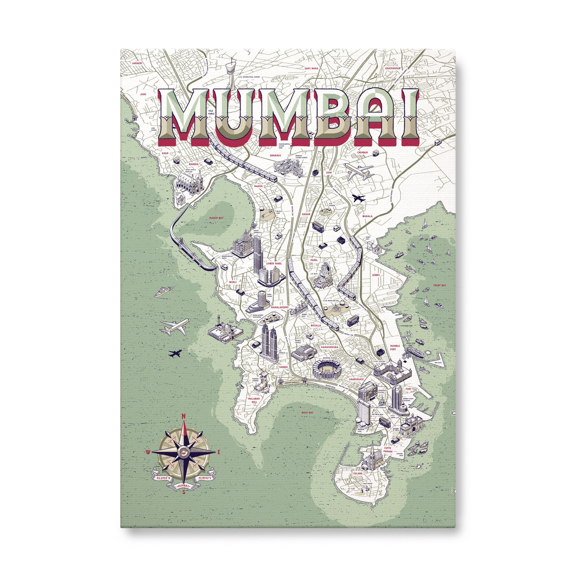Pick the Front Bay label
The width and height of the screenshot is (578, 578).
[x=440, y=286]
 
